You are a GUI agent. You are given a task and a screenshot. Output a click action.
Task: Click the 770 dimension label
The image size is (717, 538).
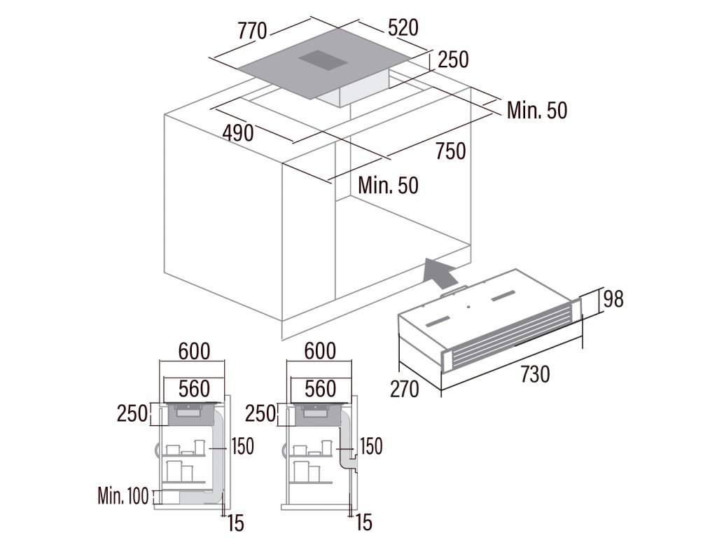[x=252, y=31]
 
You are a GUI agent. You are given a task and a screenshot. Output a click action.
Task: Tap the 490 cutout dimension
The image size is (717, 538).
[x=239, y=132]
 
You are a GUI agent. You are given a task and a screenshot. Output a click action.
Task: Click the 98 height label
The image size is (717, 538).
[x=613, y=299]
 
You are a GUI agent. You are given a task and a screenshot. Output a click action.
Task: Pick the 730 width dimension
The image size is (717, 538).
[x=535, y=375]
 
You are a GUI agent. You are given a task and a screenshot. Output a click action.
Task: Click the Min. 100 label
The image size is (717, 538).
[x=123, y=497]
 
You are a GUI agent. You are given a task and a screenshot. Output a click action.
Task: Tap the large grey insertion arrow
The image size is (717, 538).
[x=440, y=272]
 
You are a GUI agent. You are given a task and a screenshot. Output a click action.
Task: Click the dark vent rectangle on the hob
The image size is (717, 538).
[x=323, y=61]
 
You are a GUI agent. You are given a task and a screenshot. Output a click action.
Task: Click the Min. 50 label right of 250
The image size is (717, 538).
[x=537, y=110]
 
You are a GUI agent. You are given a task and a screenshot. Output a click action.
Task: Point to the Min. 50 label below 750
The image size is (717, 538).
[x=388, y=185]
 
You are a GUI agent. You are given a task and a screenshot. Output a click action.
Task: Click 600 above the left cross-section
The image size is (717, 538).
[x=194, y=351]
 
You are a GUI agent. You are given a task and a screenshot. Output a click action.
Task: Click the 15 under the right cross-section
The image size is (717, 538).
[x=363, y=522]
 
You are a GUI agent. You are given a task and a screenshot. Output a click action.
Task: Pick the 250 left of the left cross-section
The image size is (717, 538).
[x=132, y=413]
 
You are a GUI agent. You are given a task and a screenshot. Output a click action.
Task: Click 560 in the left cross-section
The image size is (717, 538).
[x=194, y=388]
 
